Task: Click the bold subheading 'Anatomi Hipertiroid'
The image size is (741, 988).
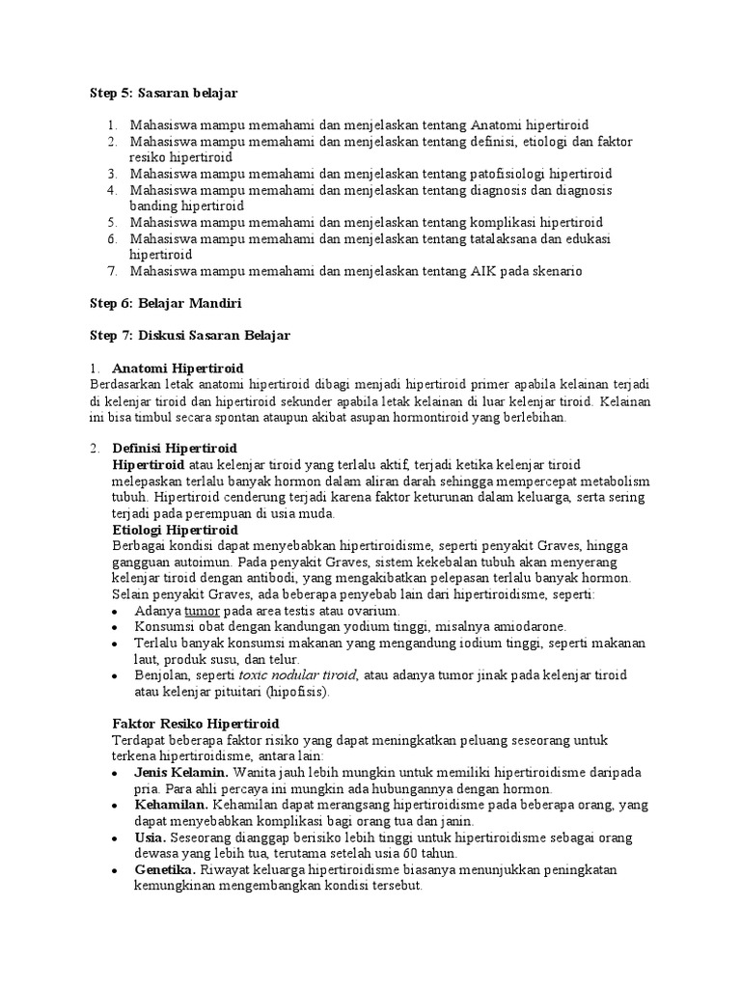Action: [x=178, y=369]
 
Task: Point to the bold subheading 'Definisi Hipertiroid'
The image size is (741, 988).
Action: [x=175, y=449]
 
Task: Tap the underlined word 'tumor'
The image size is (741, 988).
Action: [x=203, y=611]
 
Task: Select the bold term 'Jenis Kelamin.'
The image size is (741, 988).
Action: [x=180, y=773]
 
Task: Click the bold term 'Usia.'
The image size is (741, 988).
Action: [x=151, y=837]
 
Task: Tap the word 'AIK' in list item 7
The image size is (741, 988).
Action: [x=484, y=271]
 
